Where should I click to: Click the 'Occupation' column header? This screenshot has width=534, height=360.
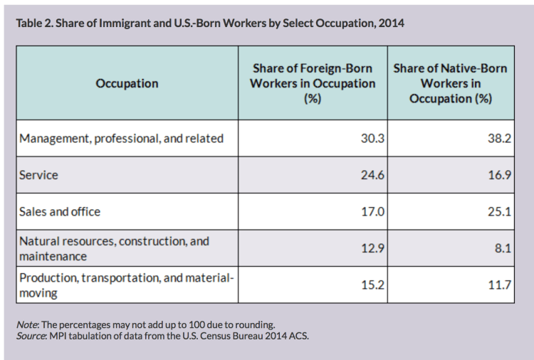click(x=127, y=83)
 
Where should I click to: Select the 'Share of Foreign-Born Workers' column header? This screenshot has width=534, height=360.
click(x=313, y=83)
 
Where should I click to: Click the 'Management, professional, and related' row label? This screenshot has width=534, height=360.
click(x=122, y=138)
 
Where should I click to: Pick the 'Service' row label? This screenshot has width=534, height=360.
click(x=39, y=174)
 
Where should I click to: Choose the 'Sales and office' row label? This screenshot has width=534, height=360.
click(x=61, y=211)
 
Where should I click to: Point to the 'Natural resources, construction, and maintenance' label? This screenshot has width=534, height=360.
click(x=114, y=248)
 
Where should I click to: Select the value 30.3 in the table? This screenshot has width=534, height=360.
click(x=372, y=138)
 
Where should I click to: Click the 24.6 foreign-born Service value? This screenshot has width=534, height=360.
click(x=372, y=174)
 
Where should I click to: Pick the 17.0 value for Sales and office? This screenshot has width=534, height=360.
click(x=372, y=211)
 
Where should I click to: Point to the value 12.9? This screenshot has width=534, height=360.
click(x=372, y=248)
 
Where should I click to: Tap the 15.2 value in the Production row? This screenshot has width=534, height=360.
click(x=372, y=285)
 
